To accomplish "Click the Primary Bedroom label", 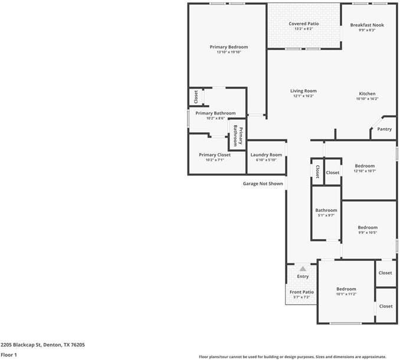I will click(229, 47).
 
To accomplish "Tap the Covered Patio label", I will click(304, 24).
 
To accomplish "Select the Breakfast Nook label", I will click(367, 25).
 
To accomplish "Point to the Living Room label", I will click(303, 91).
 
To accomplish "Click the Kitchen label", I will click(367, 93).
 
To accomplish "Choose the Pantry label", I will click(384, 129).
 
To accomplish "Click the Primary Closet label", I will click(215, 155).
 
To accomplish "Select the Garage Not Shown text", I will click(263, 184).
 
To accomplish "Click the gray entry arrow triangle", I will click(303, 269).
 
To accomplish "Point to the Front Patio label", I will click(301, 292).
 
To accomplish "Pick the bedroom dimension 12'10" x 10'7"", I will click(365, 171).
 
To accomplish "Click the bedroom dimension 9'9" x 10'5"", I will click(368, 233).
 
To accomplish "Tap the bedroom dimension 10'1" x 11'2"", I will click(346, 294).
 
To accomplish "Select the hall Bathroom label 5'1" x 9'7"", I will click(326, 210).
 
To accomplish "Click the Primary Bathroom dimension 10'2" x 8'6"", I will click(215, 118).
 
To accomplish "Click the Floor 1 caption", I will click(9, 355).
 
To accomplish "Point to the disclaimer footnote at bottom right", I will click(300, 356).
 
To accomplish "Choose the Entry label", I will click(303, 276).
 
